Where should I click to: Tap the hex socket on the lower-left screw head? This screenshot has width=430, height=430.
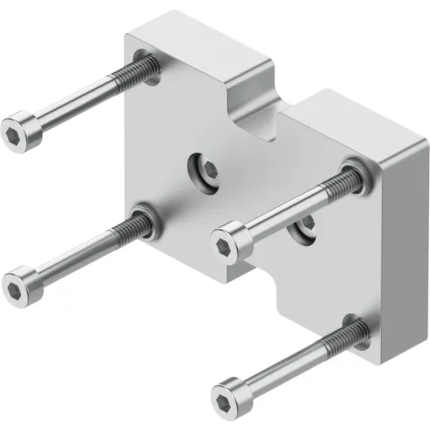click(16, 285)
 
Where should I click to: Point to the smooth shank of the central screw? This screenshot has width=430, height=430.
click(272, 213)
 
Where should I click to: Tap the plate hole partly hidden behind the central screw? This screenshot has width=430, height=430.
click(305, 226)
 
